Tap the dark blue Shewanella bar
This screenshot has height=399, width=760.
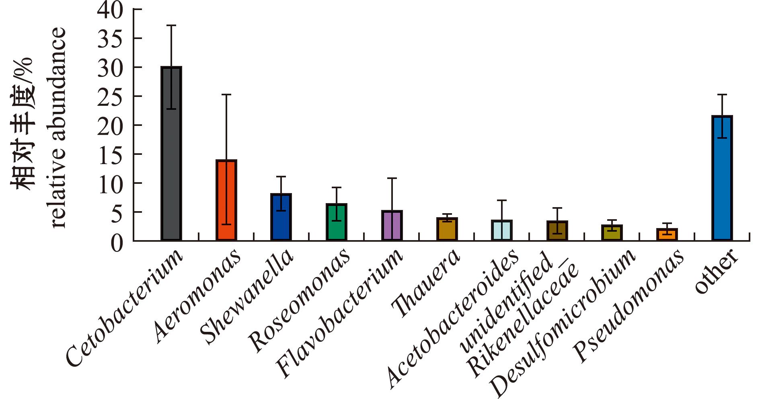click(281, 217)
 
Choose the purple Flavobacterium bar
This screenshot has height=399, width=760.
click(392, 226)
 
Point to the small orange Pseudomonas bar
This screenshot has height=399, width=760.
click(667, 234)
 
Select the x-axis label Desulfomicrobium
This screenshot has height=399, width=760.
click(563, 322)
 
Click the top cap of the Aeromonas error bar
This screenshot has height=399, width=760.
click(226, 95)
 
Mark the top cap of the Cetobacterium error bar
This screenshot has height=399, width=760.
click(171, 25)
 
